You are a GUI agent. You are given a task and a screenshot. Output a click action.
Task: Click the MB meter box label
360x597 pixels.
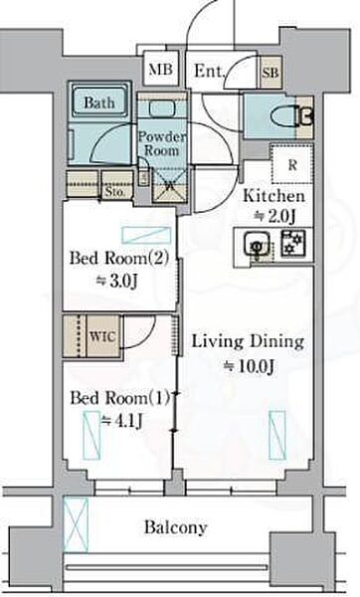click(160, 70)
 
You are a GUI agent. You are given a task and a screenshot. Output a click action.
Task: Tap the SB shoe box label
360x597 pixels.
click(270, 73)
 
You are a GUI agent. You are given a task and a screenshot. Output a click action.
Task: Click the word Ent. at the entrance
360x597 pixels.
click(209, 71)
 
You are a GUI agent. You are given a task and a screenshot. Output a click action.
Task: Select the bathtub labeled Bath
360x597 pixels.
click(99, 102)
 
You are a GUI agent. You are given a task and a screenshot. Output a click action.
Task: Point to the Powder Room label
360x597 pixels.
click(162, 143)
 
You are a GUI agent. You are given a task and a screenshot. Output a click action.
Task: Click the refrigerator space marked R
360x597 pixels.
click(292, 164)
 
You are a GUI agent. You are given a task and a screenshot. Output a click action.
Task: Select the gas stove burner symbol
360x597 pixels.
click(292, 243)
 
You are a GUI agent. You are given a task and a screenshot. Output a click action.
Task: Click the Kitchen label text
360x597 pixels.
click(274, 196)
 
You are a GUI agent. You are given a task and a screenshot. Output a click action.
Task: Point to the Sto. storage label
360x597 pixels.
click(114, 191)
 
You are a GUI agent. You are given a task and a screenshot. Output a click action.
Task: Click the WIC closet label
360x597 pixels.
click(102, 336)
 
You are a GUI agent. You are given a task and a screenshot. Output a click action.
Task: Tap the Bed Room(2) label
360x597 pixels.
click(119, 258)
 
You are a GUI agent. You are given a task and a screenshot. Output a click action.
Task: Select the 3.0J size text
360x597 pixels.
click(116, 282)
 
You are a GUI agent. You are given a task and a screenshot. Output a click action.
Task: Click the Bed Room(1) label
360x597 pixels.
click(120, 398)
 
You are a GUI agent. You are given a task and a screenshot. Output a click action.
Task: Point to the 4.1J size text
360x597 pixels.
click(121, 421)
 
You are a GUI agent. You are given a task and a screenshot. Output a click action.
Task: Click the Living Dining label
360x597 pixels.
click(248, 341)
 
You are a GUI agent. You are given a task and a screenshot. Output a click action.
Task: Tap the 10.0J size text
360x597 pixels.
click(249, 366)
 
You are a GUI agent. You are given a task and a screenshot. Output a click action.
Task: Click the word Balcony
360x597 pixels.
click(176, 527)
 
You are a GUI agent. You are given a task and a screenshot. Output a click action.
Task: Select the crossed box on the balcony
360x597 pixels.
click(76, 524)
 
